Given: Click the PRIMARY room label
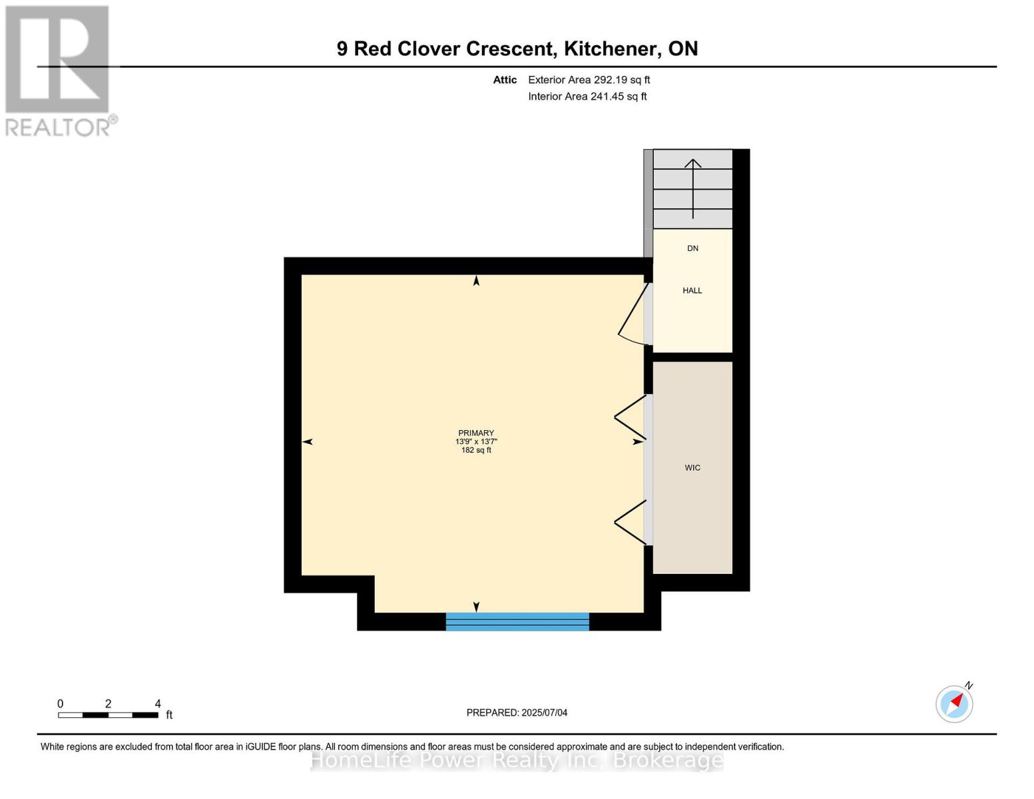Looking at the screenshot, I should click(x=476, y=433).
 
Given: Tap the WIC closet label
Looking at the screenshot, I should click(x=692, y=468).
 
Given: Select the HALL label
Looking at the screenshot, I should click(x=692, y=290).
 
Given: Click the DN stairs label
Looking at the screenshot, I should click(x=692, y=248).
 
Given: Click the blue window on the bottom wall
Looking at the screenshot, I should click(x=517, y=621).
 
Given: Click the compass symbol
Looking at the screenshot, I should click(x=954, y=703).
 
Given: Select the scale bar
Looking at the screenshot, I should click(x=108, y=715).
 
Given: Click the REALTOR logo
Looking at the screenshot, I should click(x=59, y=70).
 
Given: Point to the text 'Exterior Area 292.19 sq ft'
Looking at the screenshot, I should click(x=589, y=80).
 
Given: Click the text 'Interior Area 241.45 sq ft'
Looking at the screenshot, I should click(x=587, y=97).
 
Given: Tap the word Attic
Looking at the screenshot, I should click(x=505, y=80).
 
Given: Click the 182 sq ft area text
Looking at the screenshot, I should click(x=476, y=450).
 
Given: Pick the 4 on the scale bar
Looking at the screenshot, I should click(x=158, y=704).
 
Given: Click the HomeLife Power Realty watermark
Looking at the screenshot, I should click(x=517, y=760).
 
